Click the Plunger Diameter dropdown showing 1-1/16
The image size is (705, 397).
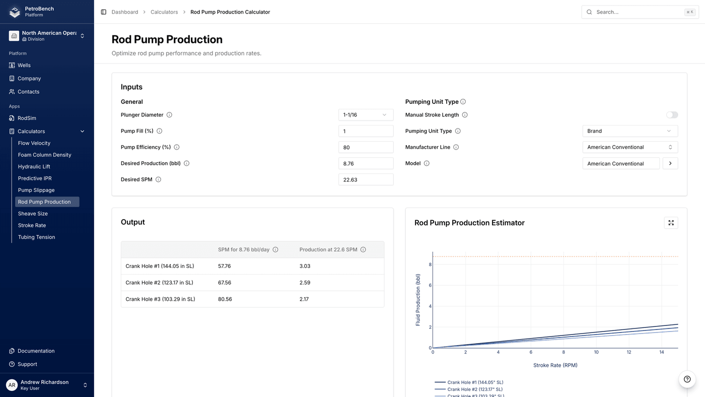coord(366,115)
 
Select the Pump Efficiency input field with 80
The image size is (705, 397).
coord(366,147)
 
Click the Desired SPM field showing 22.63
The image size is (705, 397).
coord(366,179)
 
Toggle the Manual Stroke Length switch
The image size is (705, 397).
coord(672,115)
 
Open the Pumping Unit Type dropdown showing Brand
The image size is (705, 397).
coord(629,131)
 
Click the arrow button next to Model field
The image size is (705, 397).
coord(670,163)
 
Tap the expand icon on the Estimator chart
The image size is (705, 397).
coord(671,223)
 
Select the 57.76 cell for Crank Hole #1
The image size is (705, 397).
coord(225,266)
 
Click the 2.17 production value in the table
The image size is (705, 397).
coord(304,299)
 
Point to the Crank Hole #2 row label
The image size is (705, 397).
coord(159,283)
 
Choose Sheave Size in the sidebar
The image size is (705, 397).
coord(33,214)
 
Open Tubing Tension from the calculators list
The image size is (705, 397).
coord(36,237)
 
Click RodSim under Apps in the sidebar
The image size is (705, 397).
coord(27,118)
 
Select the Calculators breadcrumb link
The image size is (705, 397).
coord(164,12)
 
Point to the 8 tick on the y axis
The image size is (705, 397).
coord(430,264)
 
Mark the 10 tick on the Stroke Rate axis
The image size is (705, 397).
coord(596,352)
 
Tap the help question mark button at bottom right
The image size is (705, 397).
coord(687,379)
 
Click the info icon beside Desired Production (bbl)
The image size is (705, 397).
coord(186,163)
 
